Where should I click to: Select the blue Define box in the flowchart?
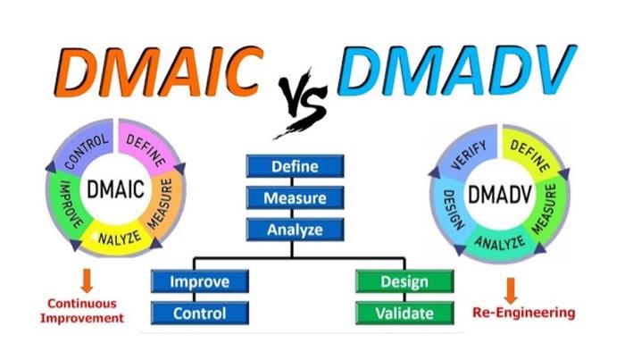click(294, 166)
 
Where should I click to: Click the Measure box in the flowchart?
click(294, 198)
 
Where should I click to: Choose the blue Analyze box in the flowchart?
click(294, 230)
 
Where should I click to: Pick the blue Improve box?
click(200, 282)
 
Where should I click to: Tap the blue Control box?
click(200, 313)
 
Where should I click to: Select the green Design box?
click(404, 282)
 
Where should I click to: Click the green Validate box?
click(404, 313)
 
